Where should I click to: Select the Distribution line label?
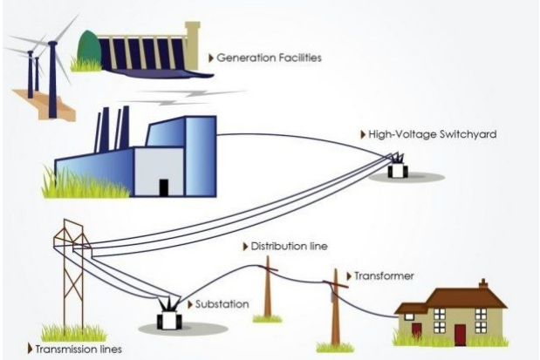[x=290, y=247]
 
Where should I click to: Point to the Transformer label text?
[x=384, y=276]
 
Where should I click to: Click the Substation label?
[x=224, y=304]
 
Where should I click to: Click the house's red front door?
[x=460, y=334]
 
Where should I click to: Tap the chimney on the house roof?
[x=482, y=284]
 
